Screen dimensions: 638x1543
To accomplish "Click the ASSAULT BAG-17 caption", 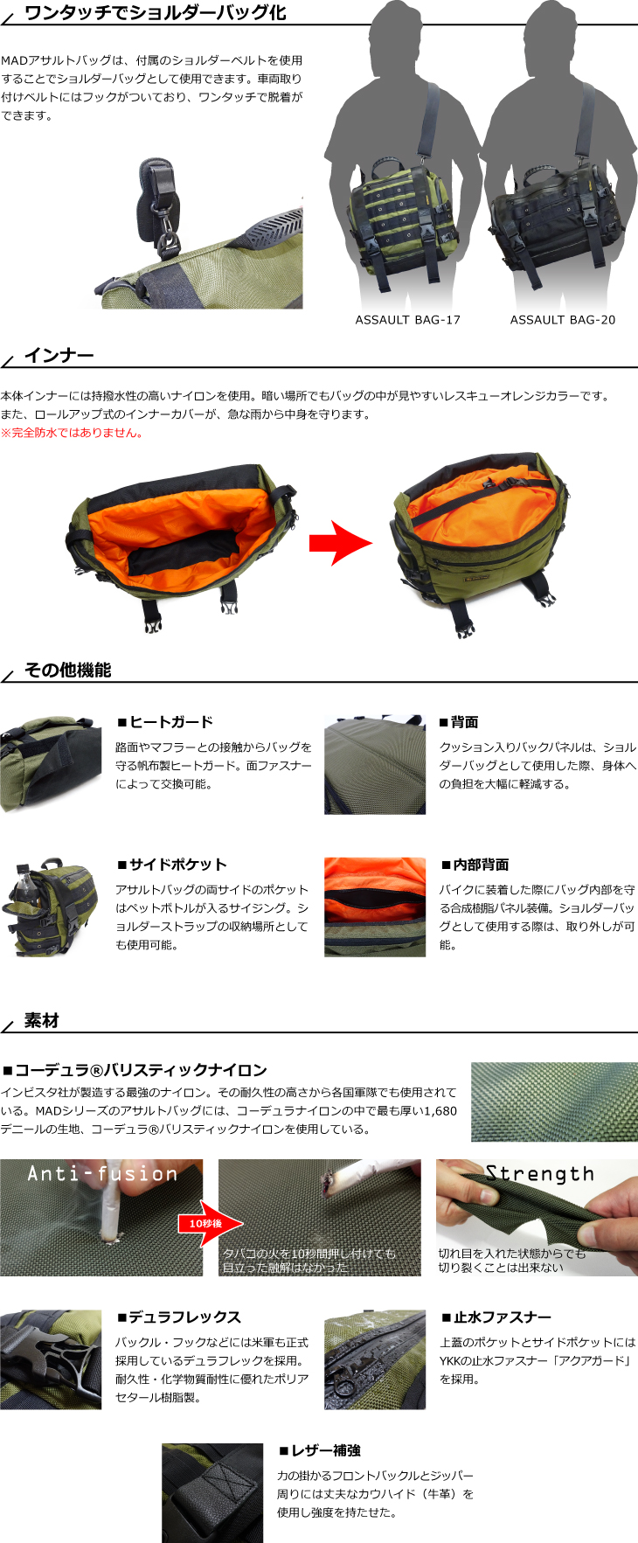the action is (407, 320).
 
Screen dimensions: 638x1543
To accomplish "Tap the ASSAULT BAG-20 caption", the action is (562, 320).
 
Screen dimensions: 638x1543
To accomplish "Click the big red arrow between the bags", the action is (341, 543).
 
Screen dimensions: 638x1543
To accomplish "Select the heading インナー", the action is (59, 356).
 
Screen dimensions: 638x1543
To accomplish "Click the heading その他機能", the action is (68, 671).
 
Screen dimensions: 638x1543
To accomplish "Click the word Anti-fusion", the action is (102, 1173).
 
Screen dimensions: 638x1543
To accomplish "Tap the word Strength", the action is (539, 1174).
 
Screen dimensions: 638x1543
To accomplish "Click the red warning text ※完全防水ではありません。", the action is (72, 433).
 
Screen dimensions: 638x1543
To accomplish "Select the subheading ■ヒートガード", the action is (165, 722).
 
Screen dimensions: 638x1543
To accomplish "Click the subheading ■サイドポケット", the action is (171, 865).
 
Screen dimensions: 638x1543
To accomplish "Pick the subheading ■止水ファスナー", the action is (496, 1317).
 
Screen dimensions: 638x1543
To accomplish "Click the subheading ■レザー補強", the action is (319, 1450).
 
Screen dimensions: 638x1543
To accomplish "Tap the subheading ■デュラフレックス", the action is (178, 1317).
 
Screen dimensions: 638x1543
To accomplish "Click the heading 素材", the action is (42, 1020).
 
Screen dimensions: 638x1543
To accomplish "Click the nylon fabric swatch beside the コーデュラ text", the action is (554, 1102).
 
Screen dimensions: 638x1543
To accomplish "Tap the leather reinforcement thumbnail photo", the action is (212, 1493).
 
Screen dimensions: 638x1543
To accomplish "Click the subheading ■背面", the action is (459, 722).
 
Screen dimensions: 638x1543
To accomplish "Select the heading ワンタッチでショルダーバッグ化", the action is (156, 13).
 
